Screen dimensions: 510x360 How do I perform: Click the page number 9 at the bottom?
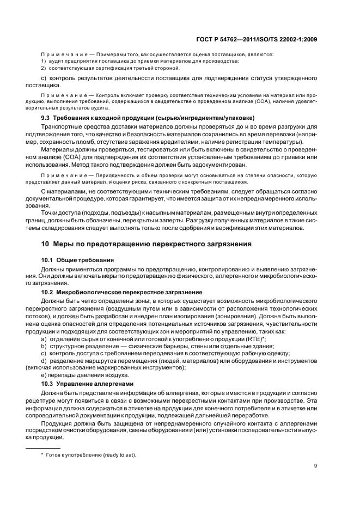pyautogui.click(x=316, y=466)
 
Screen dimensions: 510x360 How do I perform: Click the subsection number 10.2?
pyautogui.click(x=48, y=293)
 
